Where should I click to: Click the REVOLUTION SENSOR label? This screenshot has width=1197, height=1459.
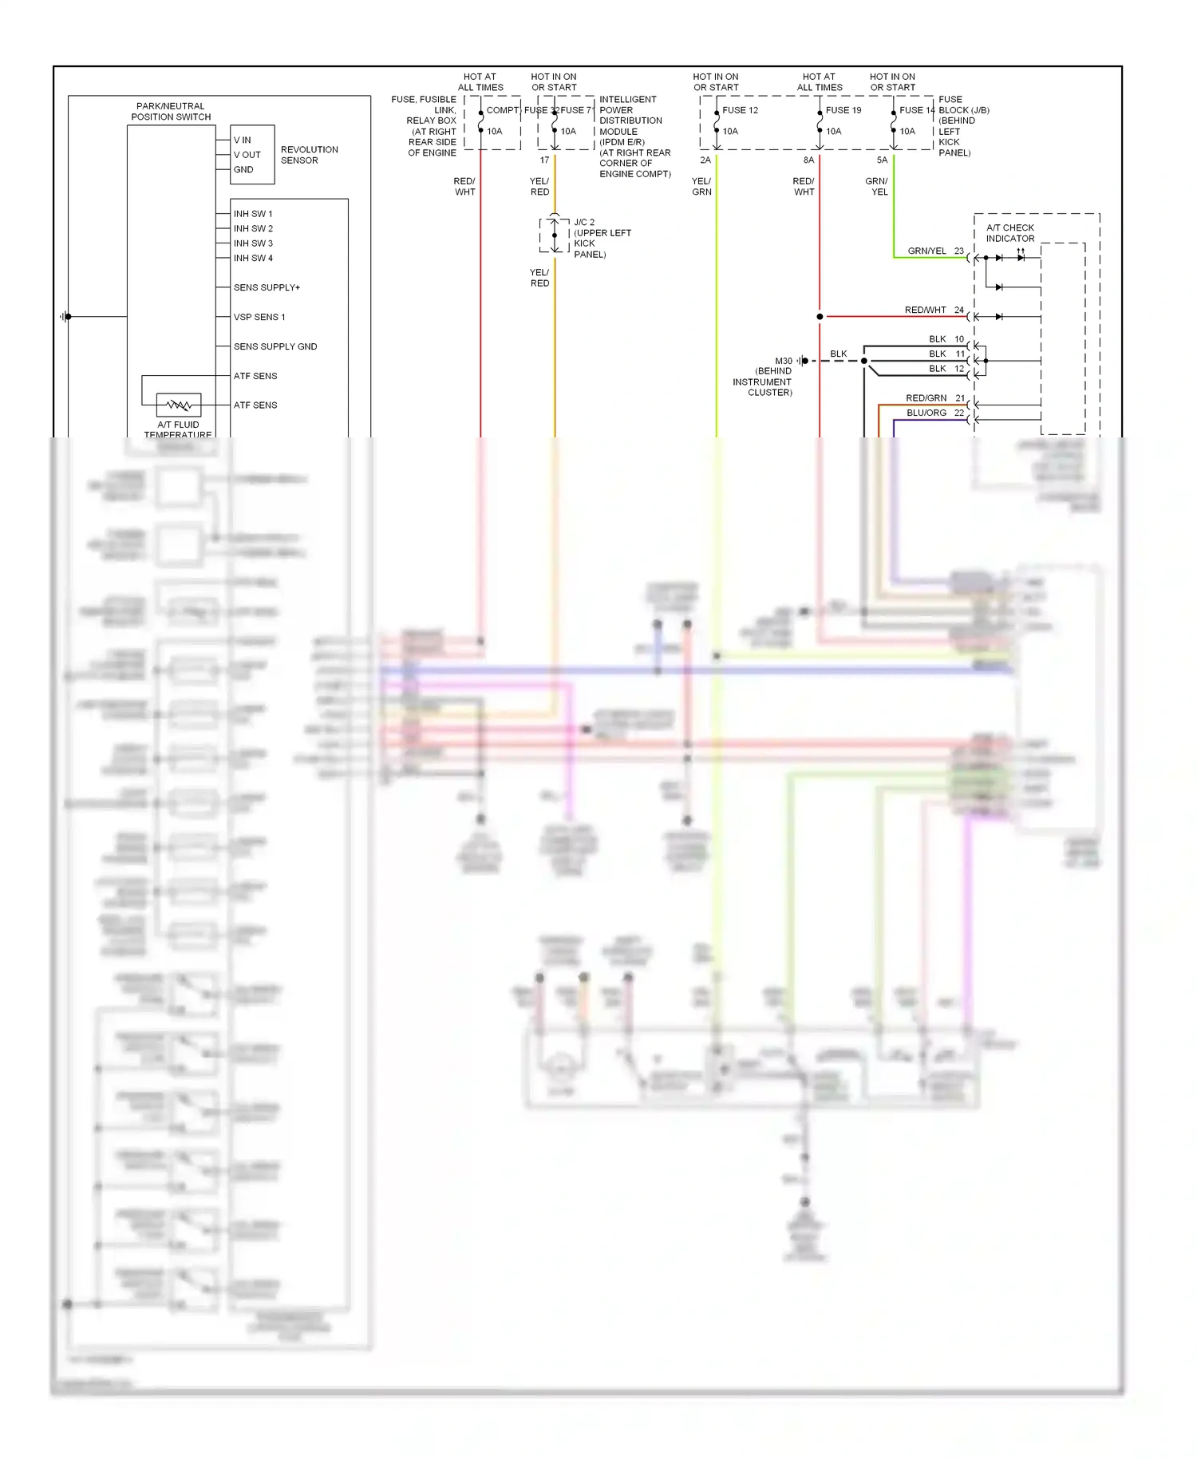coord(309,155)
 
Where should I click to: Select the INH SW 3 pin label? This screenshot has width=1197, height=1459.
coord(253,243)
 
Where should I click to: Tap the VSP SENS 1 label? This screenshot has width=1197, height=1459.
coord(259,317)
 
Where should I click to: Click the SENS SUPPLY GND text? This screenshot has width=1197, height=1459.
coord(275,346)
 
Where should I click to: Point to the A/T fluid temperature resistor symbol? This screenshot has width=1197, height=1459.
coord(179,405)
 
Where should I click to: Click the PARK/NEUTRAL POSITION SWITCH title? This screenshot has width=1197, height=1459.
coord(171,112)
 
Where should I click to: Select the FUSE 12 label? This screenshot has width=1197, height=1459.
coord(740,110)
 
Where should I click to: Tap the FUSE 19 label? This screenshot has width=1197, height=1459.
coord(843,110)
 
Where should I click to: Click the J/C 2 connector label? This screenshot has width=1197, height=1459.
coord(584,223)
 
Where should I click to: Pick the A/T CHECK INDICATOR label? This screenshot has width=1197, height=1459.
coord(1009,233)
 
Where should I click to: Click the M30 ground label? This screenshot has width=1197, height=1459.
coord(784,361)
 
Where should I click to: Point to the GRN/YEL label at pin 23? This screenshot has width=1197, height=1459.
coord(926,251)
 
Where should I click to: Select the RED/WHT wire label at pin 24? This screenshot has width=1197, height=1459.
coord(925,310)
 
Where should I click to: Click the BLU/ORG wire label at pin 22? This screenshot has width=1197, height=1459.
coord(926,413)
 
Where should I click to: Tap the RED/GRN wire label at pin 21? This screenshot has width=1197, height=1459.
coord(926,397)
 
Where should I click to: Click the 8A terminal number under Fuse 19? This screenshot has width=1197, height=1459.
coord(808,160)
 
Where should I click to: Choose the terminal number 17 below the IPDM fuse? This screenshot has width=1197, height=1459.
coord(544,160)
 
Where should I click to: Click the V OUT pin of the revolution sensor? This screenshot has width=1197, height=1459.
coord(247,155)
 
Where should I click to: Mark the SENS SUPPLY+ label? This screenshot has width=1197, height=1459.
coord(267,287)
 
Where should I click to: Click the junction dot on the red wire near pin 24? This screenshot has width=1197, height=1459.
coord(820,317)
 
